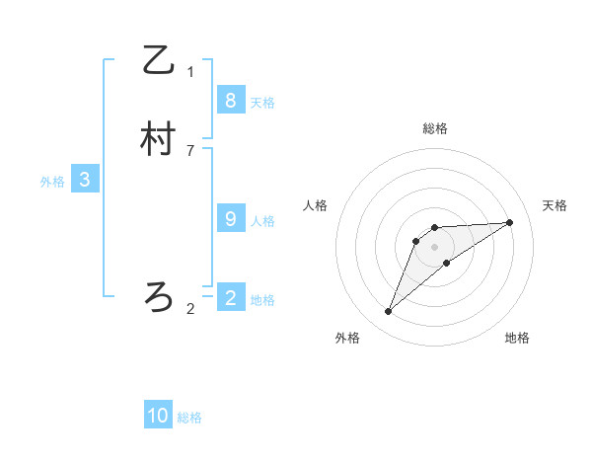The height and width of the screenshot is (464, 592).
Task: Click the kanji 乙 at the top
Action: coord(158,61)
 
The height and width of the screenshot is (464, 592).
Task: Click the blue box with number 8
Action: coord(230,100)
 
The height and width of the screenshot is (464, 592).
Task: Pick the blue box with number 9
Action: coord(230,219)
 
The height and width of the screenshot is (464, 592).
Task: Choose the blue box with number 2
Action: coord(230,296)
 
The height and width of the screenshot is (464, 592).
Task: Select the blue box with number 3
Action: coord(85,180)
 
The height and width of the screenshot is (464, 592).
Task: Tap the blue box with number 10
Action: coord(158,416)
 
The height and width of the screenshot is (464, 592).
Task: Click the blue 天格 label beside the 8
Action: coord(262,103)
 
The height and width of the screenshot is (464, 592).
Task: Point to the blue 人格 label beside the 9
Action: coord(262,222)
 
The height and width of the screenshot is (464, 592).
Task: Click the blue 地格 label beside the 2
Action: coord(262,300)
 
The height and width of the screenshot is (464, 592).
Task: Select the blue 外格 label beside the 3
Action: coord(52,183)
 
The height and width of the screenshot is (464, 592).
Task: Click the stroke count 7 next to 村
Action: coord(190,151)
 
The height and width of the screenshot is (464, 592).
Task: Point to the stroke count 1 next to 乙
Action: coord(190,72)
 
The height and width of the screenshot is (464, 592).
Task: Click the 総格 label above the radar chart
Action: coord(435,128)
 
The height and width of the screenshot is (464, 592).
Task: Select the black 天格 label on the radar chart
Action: coord(555,205)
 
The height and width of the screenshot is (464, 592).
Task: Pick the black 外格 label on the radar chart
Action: coord(347,339)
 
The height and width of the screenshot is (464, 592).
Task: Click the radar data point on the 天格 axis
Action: coord(510,222)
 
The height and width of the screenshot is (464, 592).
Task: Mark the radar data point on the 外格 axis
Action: coord(389,312)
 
